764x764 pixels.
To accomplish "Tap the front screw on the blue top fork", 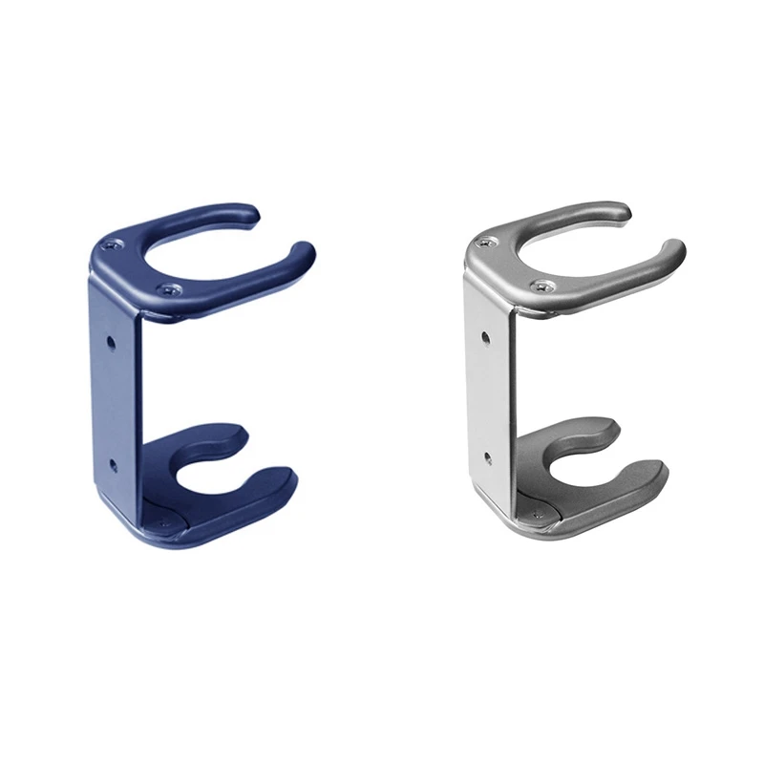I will tap(169, 288).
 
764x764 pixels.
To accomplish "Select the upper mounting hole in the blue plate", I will tap(111, 339).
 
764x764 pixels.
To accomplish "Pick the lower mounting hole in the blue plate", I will tap(112, 464).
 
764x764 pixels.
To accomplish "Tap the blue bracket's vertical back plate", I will tap(115, 401).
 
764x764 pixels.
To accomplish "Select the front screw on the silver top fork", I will tap(541, 286).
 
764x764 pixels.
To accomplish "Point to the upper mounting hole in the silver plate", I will tap(484, 336).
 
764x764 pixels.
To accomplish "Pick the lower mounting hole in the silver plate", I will tap(486, 459).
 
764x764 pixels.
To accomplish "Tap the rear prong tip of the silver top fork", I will tap(621, 211).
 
